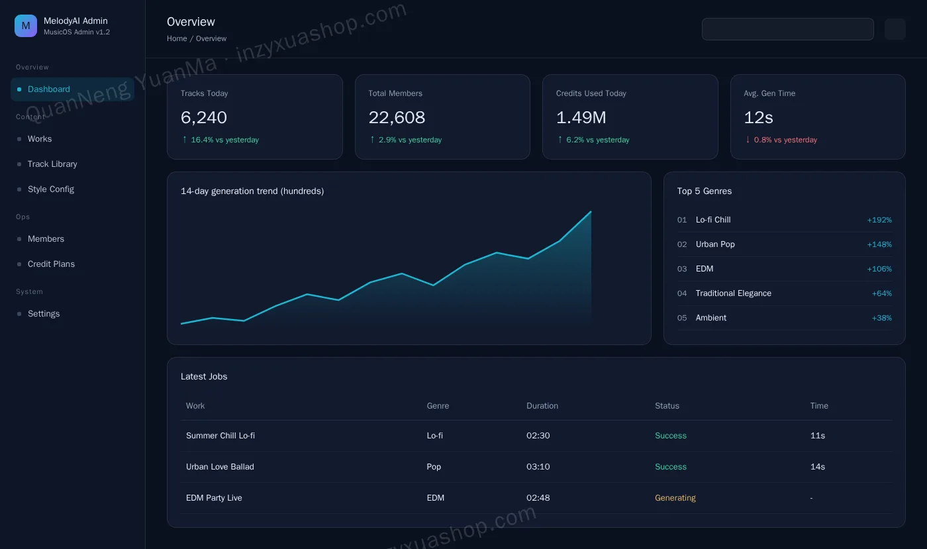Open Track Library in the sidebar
(52, 164)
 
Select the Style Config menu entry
(50, 189)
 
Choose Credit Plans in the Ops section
(51, 264)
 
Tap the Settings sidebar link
(44, 313)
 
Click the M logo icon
(26, 26)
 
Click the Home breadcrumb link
(177, 38)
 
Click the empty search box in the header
(787, 29)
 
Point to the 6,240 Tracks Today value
(204, 117)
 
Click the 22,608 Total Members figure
(397, 117)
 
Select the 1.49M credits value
(581, 117)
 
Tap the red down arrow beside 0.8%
(748, 140)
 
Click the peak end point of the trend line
(591, 211)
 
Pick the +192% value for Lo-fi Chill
(879, 220)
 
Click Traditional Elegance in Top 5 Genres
(734, 293)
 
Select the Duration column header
(542, 406)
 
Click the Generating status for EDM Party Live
(675, 497)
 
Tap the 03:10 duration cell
(538, 467)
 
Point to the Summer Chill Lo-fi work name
(220, 436)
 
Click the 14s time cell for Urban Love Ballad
(817, 467)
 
